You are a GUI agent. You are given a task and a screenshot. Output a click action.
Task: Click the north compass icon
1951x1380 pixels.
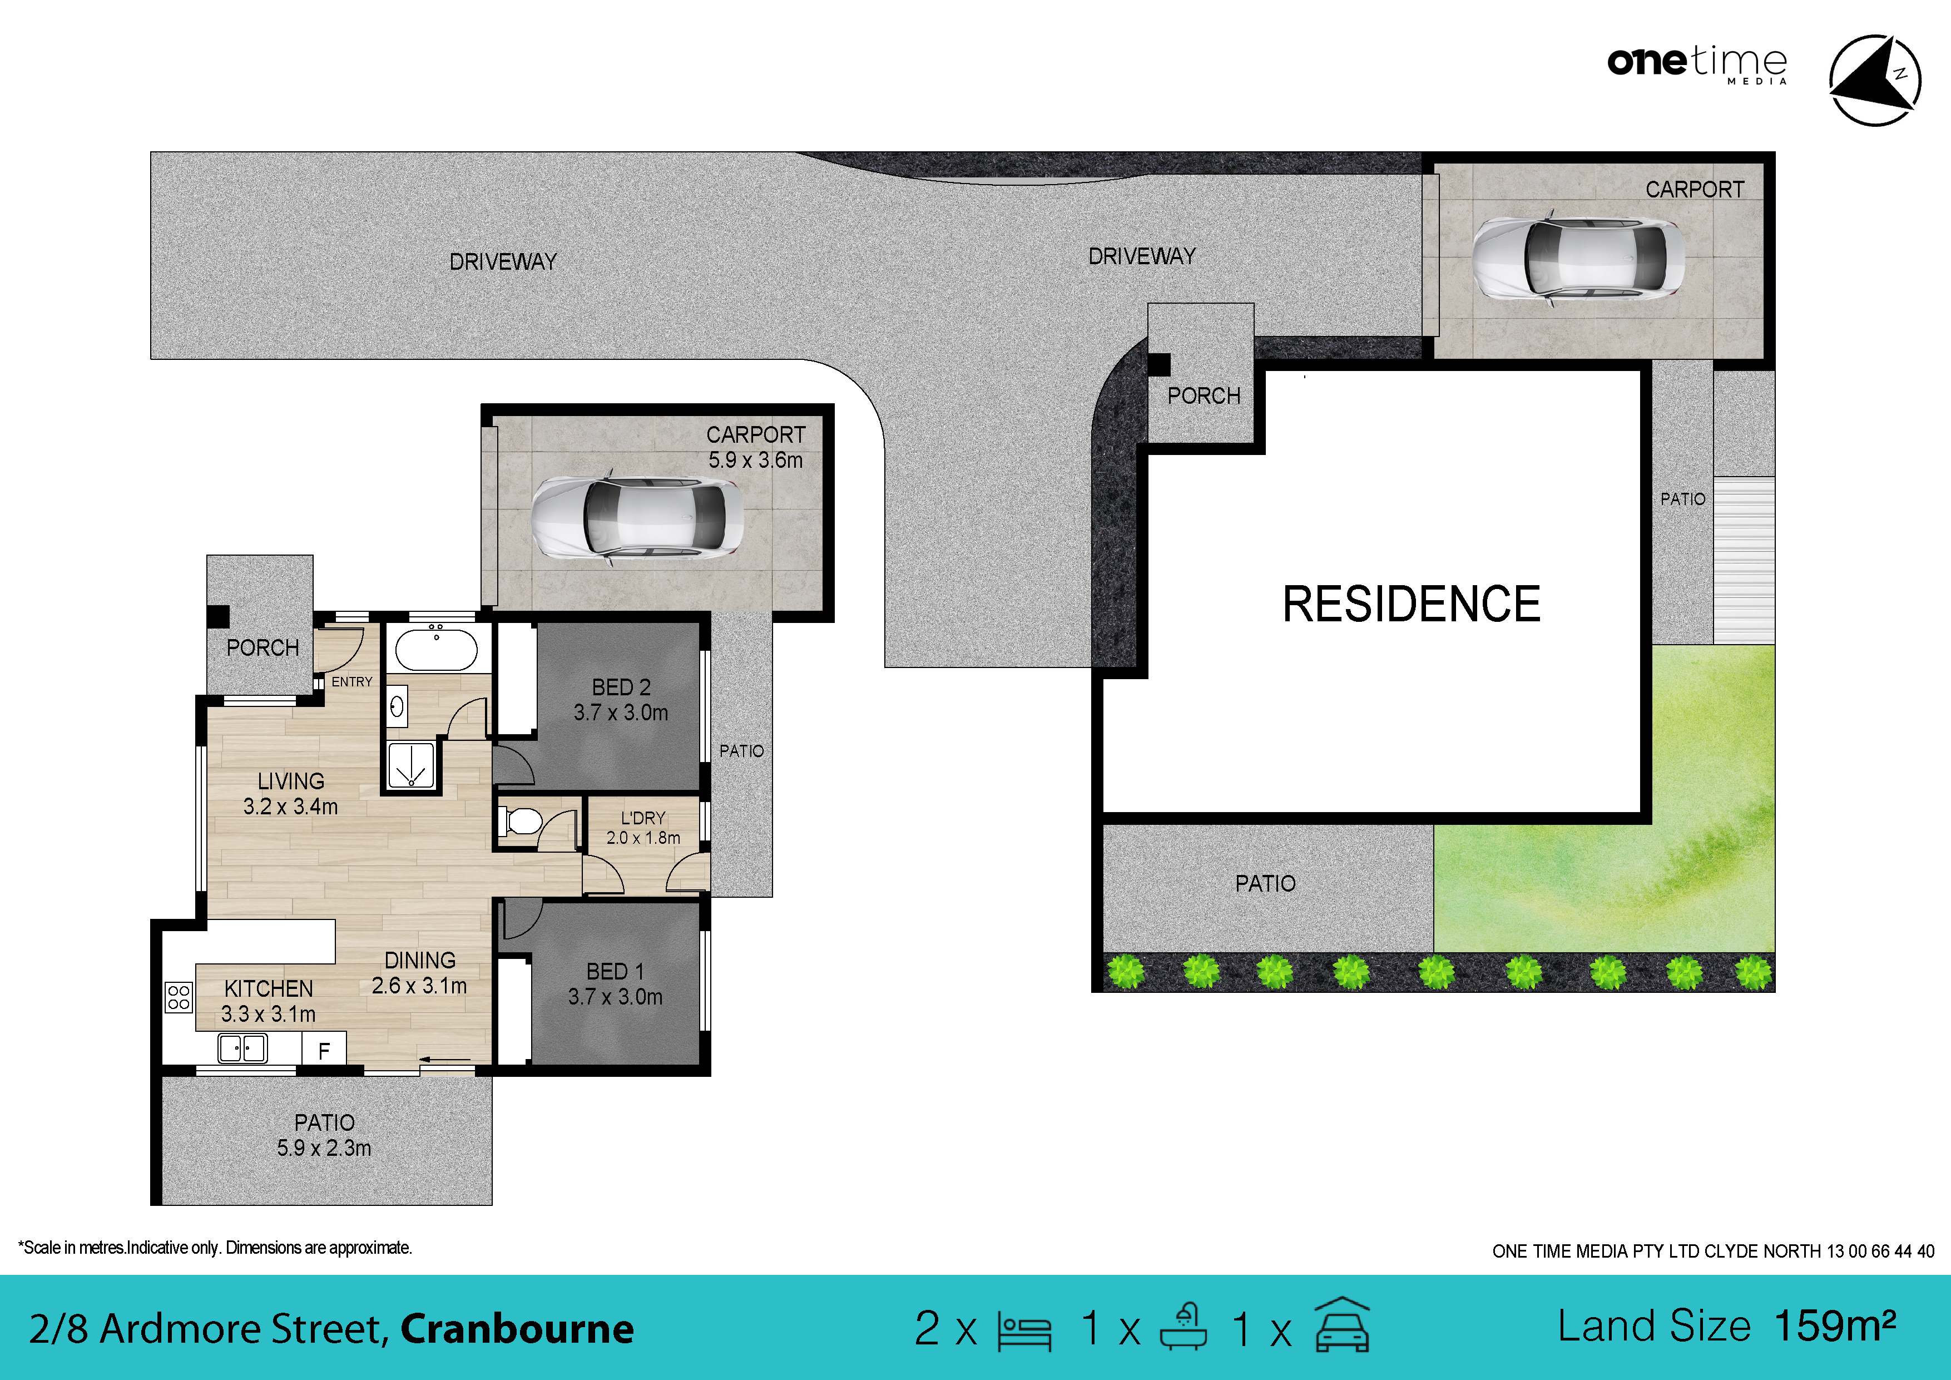(1874, 80)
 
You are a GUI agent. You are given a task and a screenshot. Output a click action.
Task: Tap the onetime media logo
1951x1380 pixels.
(1697, 64)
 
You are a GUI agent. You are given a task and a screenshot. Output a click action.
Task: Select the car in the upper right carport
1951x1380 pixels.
(1578, 258)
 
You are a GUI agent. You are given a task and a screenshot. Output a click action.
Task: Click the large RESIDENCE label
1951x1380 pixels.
(1410, 604)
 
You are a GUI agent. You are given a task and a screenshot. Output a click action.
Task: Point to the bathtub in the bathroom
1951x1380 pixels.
(437, 650)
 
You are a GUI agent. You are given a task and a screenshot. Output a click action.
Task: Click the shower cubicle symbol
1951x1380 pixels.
(411, 765)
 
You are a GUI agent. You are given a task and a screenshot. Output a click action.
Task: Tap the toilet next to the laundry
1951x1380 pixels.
(523, 822)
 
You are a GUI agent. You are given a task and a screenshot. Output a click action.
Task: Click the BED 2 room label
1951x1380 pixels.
(620, 686)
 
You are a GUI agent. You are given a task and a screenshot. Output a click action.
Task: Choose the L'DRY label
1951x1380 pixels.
(643, 818)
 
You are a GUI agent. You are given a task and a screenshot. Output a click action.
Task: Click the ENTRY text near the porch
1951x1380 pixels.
(352, 681)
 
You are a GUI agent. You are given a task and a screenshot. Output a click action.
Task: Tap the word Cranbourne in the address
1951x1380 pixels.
(517, 1329)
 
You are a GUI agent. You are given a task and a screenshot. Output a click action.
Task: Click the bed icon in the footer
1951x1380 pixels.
(1025, 1330)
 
